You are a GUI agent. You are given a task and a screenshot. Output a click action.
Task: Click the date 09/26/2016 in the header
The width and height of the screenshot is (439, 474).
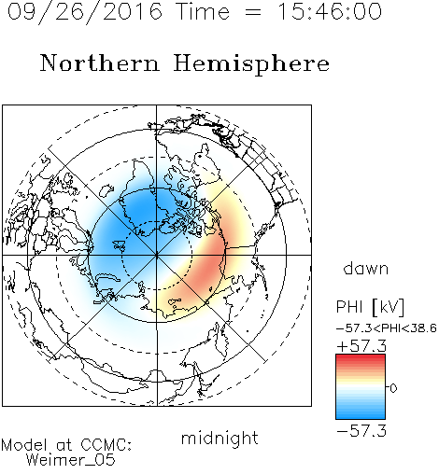point(85,12)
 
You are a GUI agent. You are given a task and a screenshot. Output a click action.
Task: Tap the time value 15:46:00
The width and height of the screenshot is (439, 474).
point(330,12)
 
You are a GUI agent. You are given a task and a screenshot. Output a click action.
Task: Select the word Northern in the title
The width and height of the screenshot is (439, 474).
point(100,63)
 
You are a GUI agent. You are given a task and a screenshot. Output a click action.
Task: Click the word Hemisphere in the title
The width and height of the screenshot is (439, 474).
point(251,64)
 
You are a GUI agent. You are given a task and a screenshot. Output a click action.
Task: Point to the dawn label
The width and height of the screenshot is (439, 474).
point(366,268)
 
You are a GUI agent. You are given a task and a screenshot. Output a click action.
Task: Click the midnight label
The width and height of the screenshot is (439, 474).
point(219,438)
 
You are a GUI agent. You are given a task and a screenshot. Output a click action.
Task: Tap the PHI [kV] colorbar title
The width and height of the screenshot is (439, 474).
point(370,307)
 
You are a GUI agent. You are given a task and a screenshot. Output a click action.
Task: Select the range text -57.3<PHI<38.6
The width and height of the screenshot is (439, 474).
point(387,328)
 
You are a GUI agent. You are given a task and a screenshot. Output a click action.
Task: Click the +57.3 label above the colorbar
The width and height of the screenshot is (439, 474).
point(361,346)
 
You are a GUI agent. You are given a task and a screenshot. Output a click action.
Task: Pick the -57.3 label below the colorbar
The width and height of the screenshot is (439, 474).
point(361,431)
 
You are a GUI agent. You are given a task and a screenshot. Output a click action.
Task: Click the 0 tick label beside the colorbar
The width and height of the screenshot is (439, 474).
point(393,388)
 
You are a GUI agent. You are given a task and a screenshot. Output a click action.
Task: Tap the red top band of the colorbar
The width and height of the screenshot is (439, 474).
point(361,358)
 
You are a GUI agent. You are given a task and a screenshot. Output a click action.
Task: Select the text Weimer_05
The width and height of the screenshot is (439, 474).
point(71,459)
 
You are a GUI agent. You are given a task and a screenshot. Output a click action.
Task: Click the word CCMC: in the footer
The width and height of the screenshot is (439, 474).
point(106,445)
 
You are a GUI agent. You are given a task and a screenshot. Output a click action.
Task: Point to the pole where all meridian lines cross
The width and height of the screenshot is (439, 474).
point(157,255)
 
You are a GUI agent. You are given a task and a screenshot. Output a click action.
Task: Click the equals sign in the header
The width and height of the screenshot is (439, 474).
point(253,12)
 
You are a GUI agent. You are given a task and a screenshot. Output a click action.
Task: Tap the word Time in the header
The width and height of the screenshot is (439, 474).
point(203,12)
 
